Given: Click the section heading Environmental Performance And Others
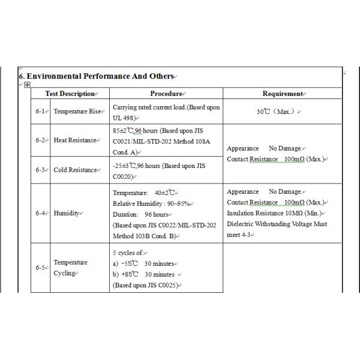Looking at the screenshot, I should [97, 76].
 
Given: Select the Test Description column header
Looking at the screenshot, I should [70, 94].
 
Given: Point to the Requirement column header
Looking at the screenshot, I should [282, 94].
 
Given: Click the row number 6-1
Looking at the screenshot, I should [41, 112].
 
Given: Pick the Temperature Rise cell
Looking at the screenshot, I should [77, 112].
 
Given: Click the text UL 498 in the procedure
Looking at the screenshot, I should [124, 118].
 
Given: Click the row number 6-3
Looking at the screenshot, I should [41, 170].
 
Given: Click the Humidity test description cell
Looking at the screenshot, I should [67, 213].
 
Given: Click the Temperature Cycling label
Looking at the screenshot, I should [70, 268].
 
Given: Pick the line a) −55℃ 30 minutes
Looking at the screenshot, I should [143, 263].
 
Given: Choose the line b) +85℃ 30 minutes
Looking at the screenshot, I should [143, 274].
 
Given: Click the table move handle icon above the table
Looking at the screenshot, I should [27, 85].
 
